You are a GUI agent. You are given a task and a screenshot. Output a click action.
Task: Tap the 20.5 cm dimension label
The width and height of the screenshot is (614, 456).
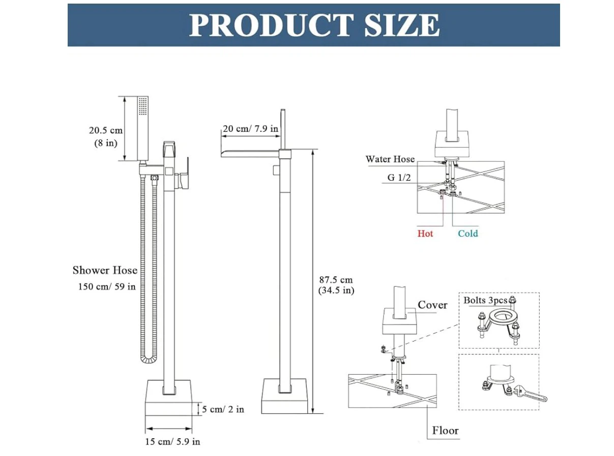click(106, 130)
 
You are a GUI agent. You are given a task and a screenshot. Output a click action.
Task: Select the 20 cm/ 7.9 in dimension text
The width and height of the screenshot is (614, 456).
click(250, 129)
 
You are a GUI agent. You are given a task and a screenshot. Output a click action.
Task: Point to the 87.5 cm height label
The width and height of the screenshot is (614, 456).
click(336, 280)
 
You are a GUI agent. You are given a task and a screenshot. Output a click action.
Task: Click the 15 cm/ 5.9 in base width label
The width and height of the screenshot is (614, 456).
click(172, 442)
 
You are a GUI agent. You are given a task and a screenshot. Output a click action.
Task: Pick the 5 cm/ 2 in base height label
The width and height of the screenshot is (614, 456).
click(223, 410)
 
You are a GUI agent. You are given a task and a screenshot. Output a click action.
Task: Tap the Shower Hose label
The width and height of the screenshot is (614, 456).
click(105, 270)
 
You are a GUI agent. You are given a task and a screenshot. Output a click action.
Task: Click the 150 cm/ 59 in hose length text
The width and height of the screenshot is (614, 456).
click(107, 287)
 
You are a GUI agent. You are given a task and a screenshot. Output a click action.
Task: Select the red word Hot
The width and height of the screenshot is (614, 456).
click(425, 234)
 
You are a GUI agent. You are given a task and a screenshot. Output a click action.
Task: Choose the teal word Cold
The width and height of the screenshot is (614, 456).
click(468, 234)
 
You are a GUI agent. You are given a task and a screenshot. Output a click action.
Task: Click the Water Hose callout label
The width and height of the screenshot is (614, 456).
click(390, 159)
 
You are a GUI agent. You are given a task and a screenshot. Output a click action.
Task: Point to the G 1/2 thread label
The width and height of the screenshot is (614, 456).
click(399, 177)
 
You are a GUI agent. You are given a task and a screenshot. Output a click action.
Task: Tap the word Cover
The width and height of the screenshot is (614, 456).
click(432, 305)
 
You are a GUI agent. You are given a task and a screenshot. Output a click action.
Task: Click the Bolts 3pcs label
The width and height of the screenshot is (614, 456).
click(485, 300)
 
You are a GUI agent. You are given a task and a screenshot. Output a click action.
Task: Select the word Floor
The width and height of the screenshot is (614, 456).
click(445, 431)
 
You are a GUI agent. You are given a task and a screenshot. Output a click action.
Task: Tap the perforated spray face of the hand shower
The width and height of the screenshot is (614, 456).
click(142, 106)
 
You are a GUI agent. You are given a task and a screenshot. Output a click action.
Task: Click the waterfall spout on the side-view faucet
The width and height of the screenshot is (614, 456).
click(250, 153)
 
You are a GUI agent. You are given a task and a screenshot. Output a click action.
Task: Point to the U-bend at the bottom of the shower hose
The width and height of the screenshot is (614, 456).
click(149, 360)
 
